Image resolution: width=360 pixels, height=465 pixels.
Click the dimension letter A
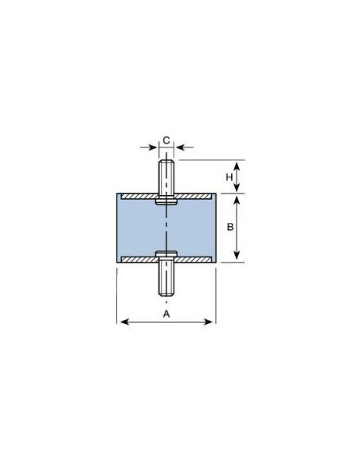pyautogui.click(x=166, y=314)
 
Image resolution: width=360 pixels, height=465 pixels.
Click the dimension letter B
pyautogui.click(x=229, y=226)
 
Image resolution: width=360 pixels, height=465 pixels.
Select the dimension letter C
pyautogui.click(x=166, y=141)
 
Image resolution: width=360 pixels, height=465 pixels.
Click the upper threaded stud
pyautogui.click(x=166, y=177)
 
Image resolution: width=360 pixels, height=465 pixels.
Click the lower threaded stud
pyautogui.click(x=166, y=279)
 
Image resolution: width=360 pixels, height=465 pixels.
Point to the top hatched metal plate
pyautogui.click(x=191, y=195)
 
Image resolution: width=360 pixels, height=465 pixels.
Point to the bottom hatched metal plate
pyautogui.click(x=191, y=260)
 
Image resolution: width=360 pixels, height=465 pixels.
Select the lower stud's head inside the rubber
pyautogui.click(x=166, y=255)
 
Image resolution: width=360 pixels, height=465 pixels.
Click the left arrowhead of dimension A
pyautogui.click(x=121, y=322)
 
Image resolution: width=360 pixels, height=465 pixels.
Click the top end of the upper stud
pyautogui.click(x=166, y=162)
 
